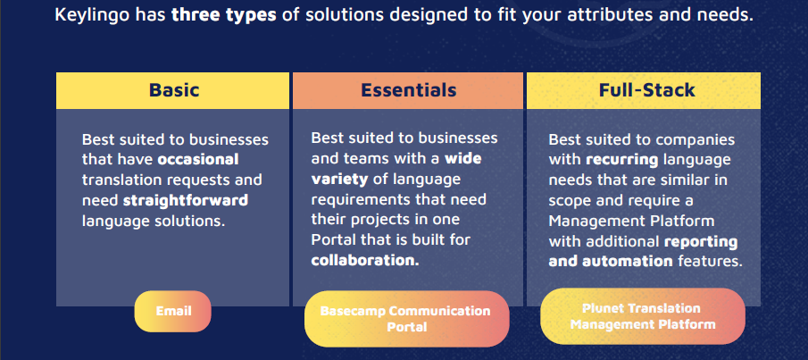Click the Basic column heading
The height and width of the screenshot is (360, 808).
pos(174,90)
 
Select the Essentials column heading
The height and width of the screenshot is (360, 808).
pos(408,90)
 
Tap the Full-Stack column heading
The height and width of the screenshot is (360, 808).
pos(646,90)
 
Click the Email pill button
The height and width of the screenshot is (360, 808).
pos(173,311)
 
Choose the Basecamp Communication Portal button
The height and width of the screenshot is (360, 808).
pos(406,319)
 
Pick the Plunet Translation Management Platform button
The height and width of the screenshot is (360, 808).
pos(643,316)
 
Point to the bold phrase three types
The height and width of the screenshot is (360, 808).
pos(223,15)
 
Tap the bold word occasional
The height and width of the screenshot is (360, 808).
pos(198,159)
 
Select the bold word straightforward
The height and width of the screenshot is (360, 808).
pos(186,200)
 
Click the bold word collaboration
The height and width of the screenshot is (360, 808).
pos(365,260)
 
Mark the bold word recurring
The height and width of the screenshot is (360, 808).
pos(622,160)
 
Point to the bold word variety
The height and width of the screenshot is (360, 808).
pos(339,179)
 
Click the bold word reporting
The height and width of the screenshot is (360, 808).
pos(701,241)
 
